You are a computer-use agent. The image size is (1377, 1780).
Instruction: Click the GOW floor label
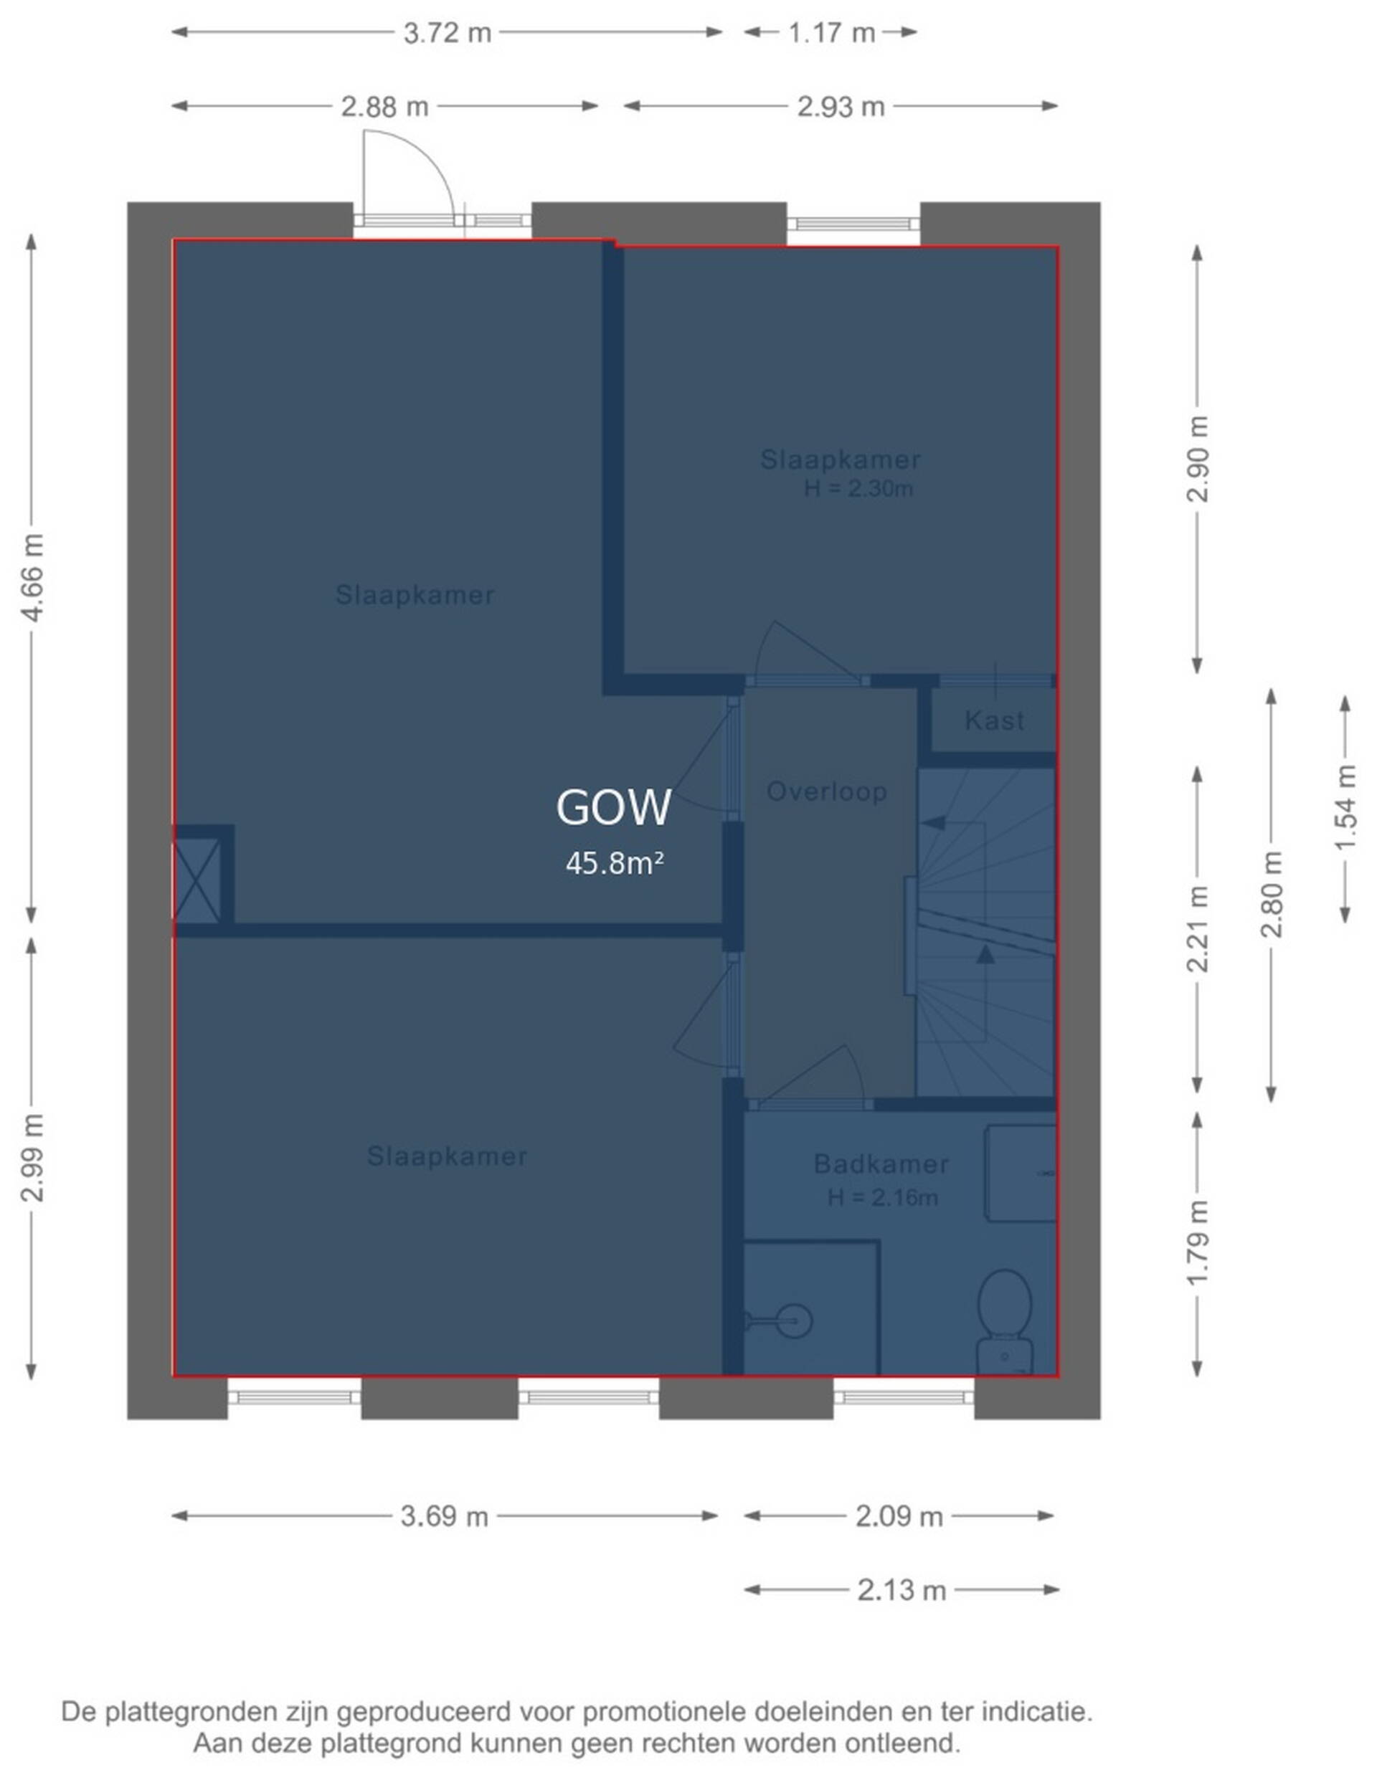[613, 807]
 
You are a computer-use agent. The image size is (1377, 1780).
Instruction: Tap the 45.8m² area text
[615, 863]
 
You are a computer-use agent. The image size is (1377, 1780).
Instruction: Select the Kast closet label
[994, 720]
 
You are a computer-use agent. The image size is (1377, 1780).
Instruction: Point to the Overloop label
[827, 791]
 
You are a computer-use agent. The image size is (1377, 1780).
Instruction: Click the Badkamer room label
[881, 1164]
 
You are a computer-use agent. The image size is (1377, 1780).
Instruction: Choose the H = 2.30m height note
[858, 489]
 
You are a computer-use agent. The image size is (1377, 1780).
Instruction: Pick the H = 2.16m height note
[883, 1198]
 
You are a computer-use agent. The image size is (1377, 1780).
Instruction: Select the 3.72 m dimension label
[448, 32]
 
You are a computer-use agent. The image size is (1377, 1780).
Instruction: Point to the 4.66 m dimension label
[32, 578]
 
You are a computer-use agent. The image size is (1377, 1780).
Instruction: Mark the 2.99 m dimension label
[32, 1157]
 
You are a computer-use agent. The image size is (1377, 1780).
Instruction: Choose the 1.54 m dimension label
[1346, 808]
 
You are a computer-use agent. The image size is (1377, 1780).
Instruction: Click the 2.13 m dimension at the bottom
[902, 1589]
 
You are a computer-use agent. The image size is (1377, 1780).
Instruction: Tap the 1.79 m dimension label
[1198, 1244]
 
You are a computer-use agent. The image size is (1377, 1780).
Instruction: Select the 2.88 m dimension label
[385, 107]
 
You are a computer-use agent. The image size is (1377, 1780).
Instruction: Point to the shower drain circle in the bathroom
[793, 1320]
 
